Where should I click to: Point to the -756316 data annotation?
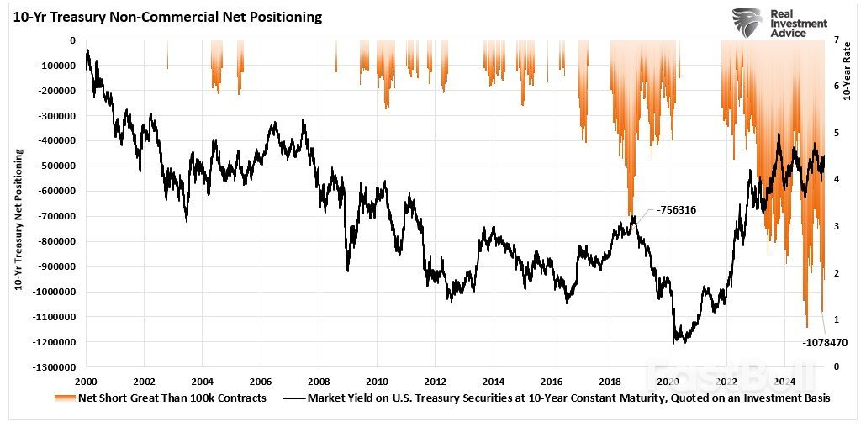pyautogui.click(x=677, y=211)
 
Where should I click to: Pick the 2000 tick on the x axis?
pyautogui.click(x=86, y=380)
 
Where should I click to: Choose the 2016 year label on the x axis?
pyautogui.click(x=552, y=380)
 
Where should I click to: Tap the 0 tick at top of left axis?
pyautogui.click(x=72, y=40)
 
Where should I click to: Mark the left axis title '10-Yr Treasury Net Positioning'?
pyautogui.click(x=18, y=221)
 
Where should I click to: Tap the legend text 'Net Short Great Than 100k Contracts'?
pyautogui.click(x=172, y=398)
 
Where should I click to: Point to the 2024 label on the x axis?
pyautogui.click(x=785, y=380)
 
